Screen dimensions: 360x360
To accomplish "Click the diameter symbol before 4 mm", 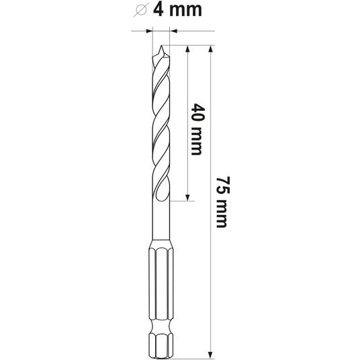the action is (x=140, y=9).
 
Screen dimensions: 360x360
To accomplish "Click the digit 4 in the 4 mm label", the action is (x=159, y=9).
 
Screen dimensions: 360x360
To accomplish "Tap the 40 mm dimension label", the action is (x=197, y=130).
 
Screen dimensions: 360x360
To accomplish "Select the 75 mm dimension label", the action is (x=222, y=202).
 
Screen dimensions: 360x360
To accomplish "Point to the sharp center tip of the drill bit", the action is (x=161, y=46).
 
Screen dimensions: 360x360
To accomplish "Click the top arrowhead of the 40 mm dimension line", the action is (x=187, y=49).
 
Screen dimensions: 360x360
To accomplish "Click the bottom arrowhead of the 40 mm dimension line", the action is (x=187, y=197).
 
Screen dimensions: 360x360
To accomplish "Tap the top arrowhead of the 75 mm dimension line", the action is (x=210, y=49).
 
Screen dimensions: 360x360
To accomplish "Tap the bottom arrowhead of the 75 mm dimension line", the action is (x=210, y=355).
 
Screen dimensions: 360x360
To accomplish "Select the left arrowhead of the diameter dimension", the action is (x=149, y=31).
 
